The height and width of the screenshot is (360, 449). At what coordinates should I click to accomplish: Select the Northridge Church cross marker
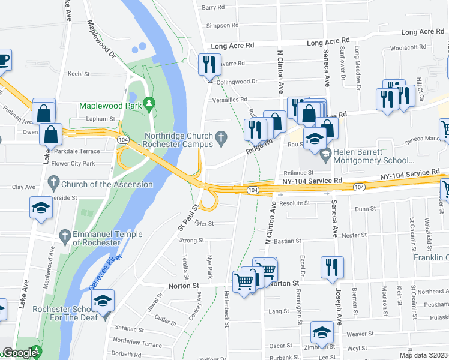[221, 140]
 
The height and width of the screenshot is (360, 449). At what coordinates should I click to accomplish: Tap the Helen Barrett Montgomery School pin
[325, 156]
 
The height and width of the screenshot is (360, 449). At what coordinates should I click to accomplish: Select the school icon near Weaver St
[322, 333]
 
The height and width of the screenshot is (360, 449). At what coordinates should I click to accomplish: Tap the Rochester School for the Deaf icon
[104, 300]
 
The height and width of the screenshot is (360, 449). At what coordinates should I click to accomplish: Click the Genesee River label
[106, 272]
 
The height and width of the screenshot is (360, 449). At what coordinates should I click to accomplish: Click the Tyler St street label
[205, 223]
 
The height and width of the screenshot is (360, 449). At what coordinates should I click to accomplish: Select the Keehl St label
[78, 74]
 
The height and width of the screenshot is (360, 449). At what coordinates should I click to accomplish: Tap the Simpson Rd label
[222, 25]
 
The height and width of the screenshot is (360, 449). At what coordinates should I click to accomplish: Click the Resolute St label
[294, 203]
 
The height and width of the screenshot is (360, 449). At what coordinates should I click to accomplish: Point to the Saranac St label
[129, 329]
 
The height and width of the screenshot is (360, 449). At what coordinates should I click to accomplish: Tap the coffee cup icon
[3, 59]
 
